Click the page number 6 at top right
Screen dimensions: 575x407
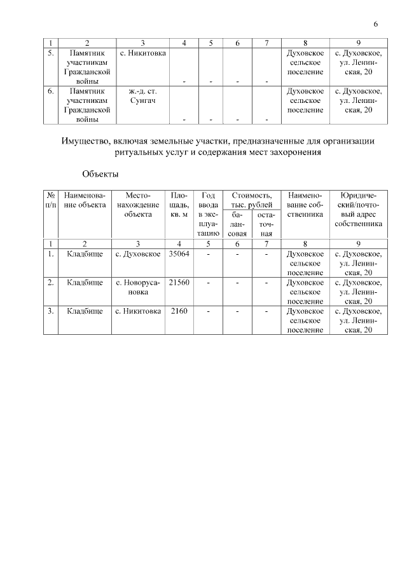click(375, 24)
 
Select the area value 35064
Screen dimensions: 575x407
click(179, 254)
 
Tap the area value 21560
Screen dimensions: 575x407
click(179, 283)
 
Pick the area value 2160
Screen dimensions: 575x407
click(179, 311)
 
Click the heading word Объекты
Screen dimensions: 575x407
click(100, 173)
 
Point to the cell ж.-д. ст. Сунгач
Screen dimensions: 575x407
click(142, 96)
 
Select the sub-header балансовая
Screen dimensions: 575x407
click(237, 224)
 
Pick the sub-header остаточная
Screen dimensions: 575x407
click(266, 224)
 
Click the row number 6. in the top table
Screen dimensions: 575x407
click(51, 91)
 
